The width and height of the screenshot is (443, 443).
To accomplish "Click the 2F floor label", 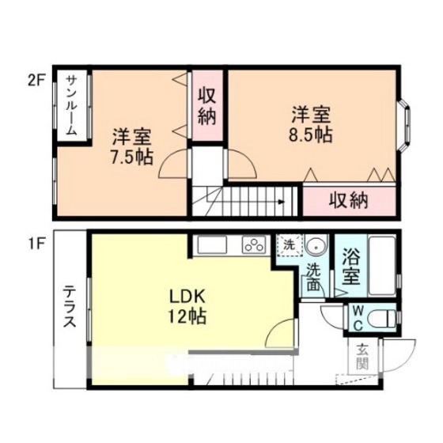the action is coord(36,81).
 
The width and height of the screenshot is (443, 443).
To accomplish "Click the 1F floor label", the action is coord(36,244).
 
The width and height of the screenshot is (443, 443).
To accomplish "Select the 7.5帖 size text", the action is coord(131,157).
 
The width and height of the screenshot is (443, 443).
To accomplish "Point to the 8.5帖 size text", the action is coord(310,135).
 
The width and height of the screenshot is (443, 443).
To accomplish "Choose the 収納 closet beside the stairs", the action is coord(349,200).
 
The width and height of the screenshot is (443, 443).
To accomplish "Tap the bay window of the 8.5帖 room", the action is coord(405,124).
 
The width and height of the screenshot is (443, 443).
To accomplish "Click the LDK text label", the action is coord(187,297).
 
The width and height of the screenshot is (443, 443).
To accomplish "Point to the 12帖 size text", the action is coord(187,316).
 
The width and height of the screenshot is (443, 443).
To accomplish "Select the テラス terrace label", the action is coord(70,306).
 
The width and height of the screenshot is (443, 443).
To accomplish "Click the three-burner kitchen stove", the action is coord(254,244).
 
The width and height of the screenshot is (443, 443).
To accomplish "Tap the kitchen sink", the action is coord(212,245).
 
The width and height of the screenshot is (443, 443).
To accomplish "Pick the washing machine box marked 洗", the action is coord(290,245).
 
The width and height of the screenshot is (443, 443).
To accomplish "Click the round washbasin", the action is coord(316,247).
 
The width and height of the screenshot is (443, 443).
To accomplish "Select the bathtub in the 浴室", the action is coord(382,266).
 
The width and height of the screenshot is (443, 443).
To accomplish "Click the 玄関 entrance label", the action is coord(362,356).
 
